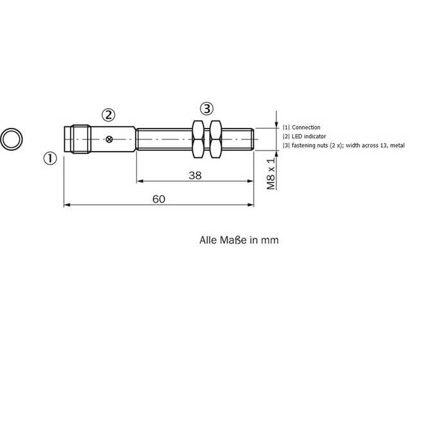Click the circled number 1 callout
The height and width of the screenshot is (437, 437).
(x=50, y=159)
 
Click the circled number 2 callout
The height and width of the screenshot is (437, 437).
(x=108, y=115)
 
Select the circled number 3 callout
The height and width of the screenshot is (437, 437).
(x=207, y=109)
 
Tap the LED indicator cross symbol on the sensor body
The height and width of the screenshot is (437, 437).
(x=109, y=139)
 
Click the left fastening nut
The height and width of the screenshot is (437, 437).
(x=199, y=139)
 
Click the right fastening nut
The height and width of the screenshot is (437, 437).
(x=215, y=139)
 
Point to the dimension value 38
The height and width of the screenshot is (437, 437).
(x=195, y=175)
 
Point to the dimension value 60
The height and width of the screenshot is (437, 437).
(x=159, y=199)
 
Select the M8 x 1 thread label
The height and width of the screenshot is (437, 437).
(x=271, y=174)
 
